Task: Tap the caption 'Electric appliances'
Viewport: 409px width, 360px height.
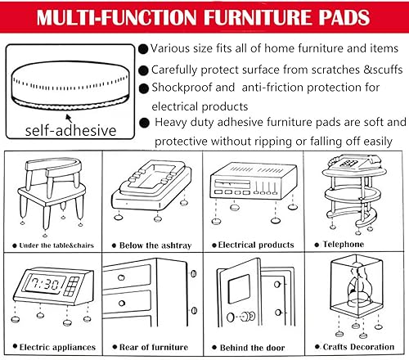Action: pyautogui.click(x=51, y=346)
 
